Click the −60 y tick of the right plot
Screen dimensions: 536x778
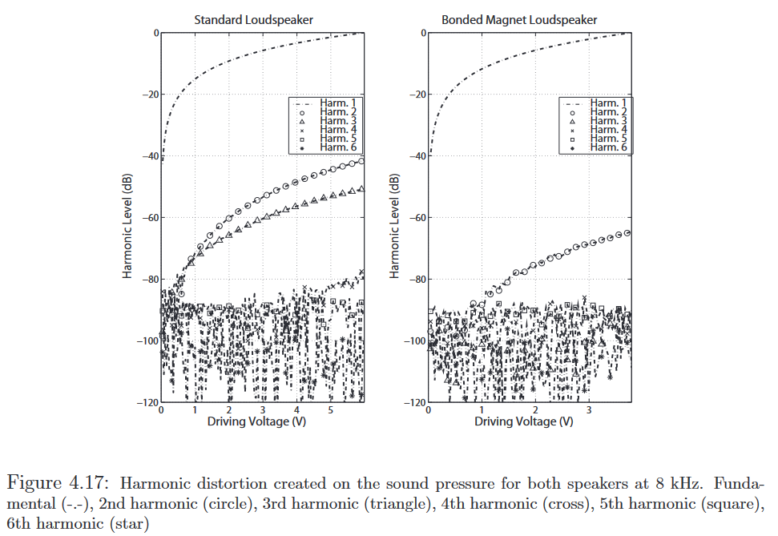click(x=417, y=218)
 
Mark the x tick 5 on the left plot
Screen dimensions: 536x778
click(x=330, y=410)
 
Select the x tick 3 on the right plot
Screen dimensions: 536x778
click(x=589, y=410)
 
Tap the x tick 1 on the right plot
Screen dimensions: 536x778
click(x=482, y=410)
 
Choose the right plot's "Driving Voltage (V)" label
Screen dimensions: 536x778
click(x=525, y=421)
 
